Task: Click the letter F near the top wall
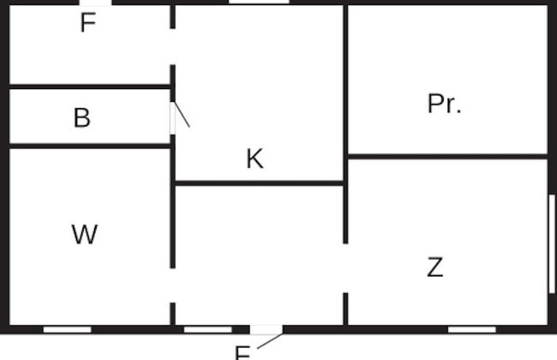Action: coord(87,23)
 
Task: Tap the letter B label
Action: coord(82,117)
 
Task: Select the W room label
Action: coord(84,234)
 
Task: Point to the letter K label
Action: coord(255,159)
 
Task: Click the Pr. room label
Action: coord(444,104)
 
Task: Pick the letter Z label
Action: coord(435,267)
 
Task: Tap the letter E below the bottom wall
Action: coord(243,352)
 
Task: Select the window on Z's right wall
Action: coord(551,244)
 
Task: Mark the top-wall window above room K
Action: coord(258,3)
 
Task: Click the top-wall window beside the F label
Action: coord(95,3)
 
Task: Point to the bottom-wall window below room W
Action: coord(67,329)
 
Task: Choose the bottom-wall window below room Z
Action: coord(472,329)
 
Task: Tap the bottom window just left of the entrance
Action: coord(207,329)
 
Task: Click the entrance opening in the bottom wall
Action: coord(266,329)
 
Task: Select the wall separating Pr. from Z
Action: coord(447,156)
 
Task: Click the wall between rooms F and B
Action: coord(90,86)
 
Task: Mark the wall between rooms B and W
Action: coord(90,146)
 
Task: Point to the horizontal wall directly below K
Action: coord(259,183)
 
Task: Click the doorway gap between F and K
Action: coord(172,47)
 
